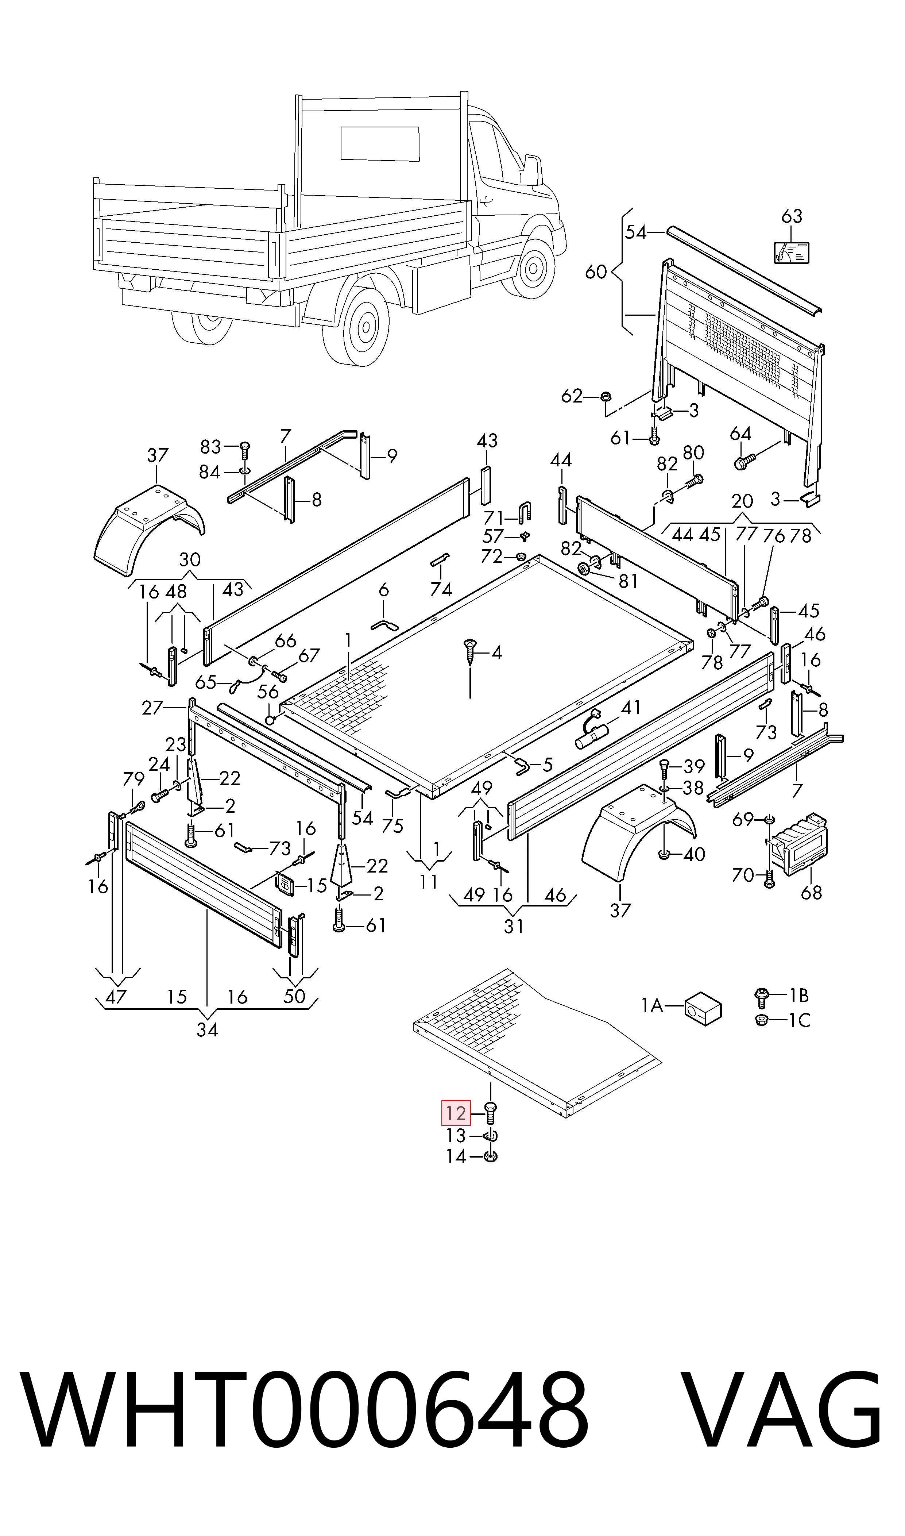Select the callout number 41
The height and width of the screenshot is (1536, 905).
[x=631, y=708]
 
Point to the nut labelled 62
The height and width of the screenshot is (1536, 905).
[x=607, y=397]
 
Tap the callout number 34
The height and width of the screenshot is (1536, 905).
[x=207, y=1030]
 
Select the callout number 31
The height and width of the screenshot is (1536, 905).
[x=514, y=927]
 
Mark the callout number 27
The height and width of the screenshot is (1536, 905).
[x=152, y=708]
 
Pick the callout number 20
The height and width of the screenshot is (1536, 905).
[x=742, y=501]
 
